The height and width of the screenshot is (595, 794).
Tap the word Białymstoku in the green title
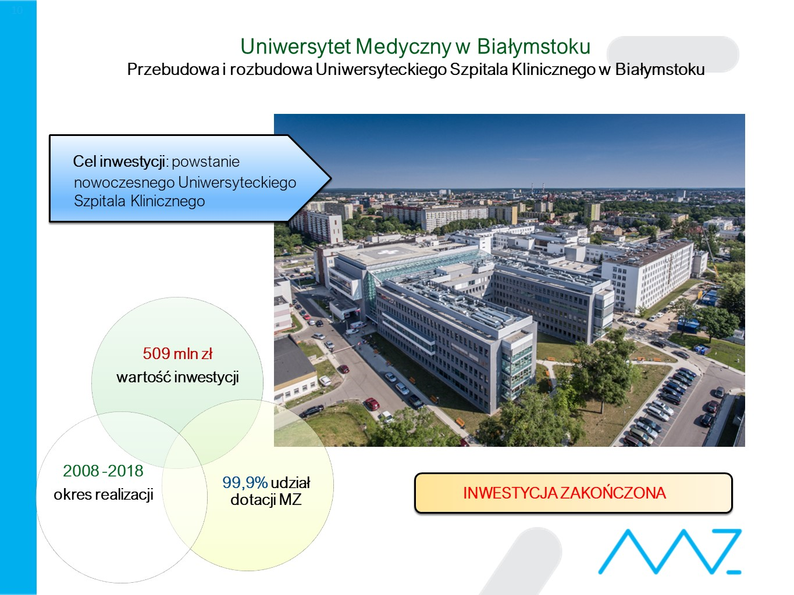(533, 47)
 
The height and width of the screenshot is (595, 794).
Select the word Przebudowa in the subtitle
(173, 69)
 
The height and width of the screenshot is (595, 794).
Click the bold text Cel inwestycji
(119, 162)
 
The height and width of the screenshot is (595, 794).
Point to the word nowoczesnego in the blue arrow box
(124, 183)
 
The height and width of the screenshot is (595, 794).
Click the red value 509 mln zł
(177, 353)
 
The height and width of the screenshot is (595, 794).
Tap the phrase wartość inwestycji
(177, 377)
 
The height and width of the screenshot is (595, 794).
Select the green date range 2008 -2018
(103, 471)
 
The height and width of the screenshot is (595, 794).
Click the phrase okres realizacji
(104, 494)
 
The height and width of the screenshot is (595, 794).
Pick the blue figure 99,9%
(245, 483)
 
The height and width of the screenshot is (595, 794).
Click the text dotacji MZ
(266, 500)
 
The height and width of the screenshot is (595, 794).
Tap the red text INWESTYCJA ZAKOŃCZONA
(564, 493)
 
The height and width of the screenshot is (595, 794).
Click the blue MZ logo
(670, 551)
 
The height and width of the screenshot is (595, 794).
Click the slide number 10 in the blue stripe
(17, 10)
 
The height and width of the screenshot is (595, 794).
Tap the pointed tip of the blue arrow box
(330, 178)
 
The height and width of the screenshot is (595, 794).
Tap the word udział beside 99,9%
(290, 483)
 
